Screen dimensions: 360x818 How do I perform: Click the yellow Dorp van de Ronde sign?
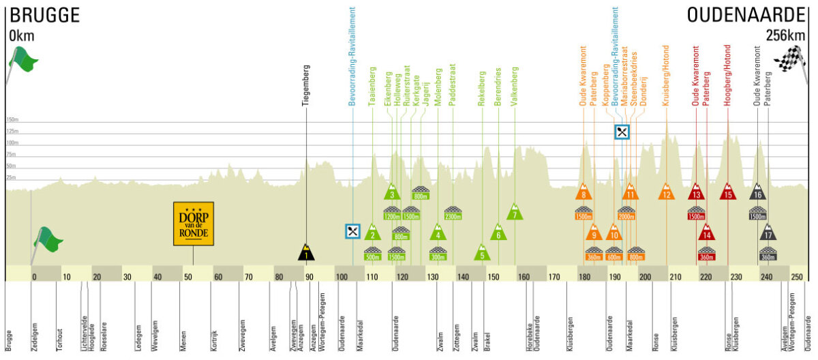[x=193, y=223]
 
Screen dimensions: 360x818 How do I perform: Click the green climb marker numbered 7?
[x=515, y=213]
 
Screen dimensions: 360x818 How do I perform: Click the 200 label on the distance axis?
[x=644, y=277]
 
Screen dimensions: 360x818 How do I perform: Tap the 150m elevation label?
[x=13, y=119]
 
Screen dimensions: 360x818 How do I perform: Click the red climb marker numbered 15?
[x=728, y=192]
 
